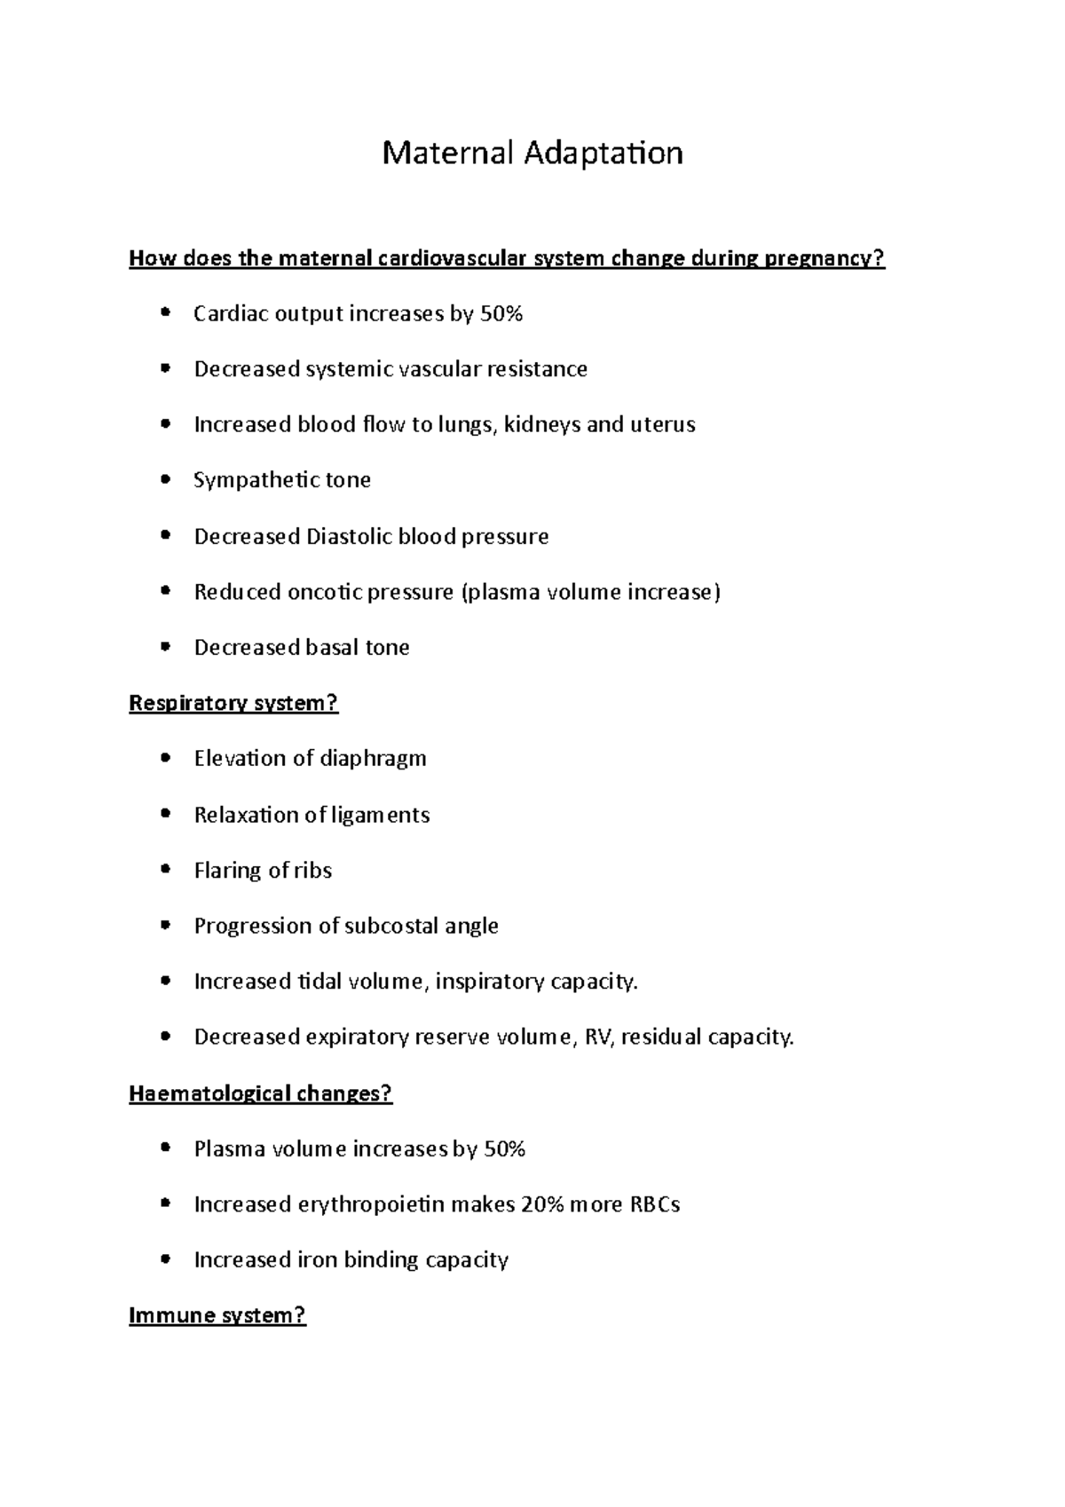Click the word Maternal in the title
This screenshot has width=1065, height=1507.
coord(447,154)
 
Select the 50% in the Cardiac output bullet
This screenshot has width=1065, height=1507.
coord(501,314)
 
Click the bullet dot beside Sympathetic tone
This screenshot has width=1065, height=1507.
coord(165,480)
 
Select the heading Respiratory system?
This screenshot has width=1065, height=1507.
coord(233,704)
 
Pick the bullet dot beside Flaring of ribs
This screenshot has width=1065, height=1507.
coord(165,871)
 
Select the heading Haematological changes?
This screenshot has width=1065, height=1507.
coord(260,1093)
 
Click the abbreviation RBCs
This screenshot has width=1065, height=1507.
coord(654,1204)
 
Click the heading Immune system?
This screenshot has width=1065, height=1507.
coord(217,1315)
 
